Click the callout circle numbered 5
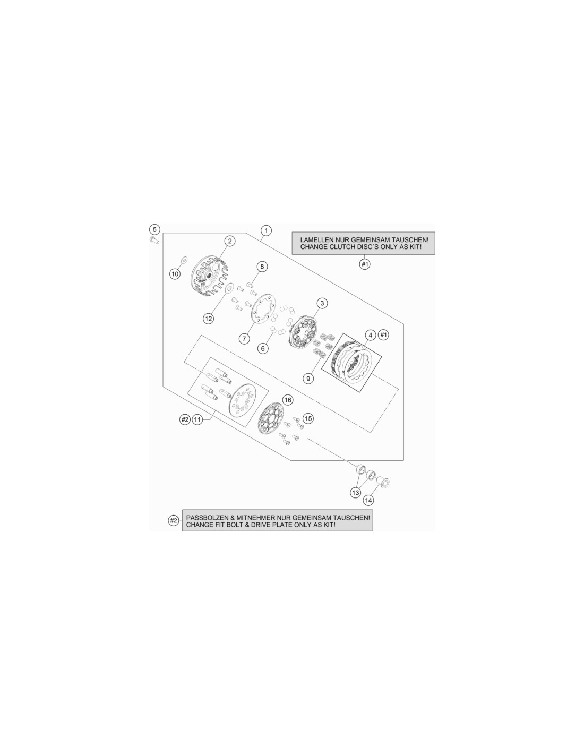(154, 229)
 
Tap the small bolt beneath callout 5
(154, 240)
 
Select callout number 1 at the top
(266, 230)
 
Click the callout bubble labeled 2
(230, 241)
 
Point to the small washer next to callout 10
(184, 259)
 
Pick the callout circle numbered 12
(209, 318)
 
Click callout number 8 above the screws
(262, 267)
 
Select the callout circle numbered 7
(245, 338)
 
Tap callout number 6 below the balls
(263, 348)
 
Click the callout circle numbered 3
(322, 303)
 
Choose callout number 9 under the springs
(308, 379)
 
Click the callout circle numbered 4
(371, 335)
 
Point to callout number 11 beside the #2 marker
(197, 419)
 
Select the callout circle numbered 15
(308, 418)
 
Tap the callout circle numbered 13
(356, 493)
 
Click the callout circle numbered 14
(368, 500)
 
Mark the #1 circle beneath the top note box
(365, 264)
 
